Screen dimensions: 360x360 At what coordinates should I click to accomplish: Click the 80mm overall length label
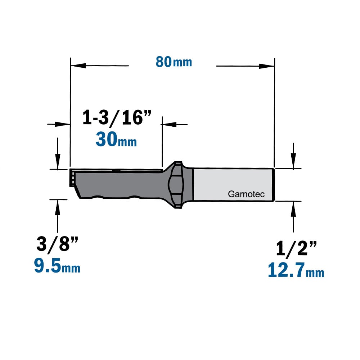click(x=174, y=62)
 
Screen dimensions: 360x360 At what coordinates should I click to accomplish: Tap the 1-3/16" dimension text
click(x=117, y=118)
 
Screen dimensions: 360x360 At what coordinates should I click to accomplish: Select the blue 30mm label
click(x=116, y=139)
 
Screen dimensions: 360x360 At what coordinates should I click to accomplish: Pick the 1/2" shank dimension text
click(x=296, y=248)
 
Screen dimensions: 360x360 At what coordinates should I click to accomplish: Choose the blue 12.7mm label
click(x=296, y=270)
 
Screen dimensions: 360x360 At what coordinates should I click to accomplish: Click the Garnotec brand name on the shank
click(x=246, y=194)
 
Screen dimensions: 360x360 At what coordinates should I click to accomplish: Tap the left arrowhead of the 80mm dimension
click(x=78, y=66)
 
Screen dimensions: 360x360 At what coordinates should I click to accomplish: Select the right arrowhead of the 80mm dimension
click(x=267, y=66)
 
